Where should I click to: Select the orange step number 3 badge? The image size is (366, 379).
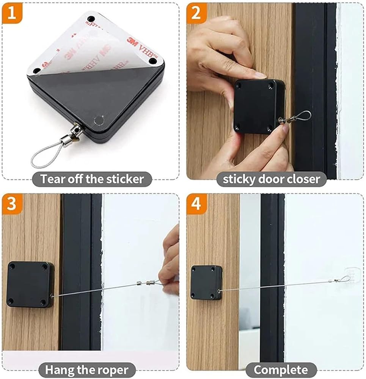pyautogui.click(x=12, y=204)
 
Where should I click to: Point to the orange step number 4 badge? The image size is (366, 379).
pyautogui.click(x=196, y=204)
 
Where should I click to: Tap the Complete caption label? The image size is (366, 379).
pyautogui.click(x=281, y=370)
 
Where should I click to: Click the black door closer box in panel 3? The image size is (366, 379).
pyautogui.click(x=30, y=285)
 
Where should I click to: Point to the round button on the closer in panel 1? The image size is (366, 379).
pyautogui.click(x=99, y=120)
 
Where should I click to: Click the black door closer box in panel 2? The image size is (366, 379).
pyautogui.click(x=259, y=106)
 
